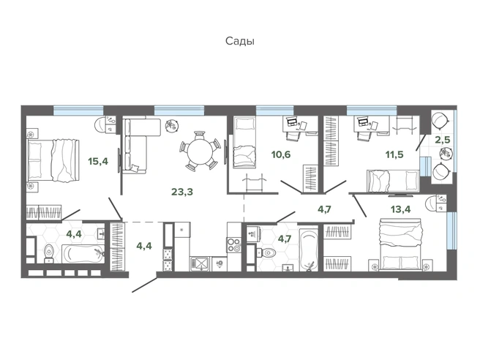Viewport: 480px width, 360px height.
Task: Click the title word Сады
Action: pos(240,41)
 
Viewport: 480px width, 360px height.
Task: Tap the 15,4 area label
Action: pos(98,161)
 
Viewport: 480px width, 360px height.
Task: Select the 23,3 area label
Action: pos(182,192)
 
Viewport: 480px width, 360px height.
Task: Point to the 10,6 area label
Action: pos(281,154)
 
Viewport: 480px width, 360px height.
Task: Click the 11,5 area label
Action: pos(394,154)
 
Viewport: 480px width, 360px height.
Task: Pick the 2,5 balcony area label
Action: pos(443,140)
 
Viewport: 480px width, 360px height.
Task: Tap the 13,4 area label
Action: pos(401,209)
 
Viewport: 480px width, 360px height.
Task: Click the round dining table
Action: pos(200,150)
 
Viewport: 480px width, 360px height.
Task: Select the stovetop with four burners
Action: pos(234,245)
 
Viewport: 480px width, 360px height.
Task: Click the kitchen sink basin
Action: pos(200,263)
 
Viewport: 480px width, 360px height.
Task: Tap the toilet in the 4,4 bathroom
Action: pos(49,253)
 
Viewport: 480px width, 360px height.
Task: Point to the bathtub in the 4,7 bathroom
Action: pos(309,250)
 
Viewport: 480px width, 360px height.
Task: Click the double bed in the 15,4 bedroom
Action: pos(53,160)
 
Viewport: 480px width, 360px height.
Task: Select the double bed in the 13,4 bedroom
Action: pos(400,244)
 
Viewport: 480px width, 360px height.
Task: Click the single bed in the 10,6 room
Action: pos(244,143)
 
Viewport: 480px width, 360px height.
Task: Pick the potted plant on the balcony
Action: pos(444,152)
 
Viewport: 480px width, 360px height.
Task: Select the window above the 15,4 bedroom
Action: pos(78,110)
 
